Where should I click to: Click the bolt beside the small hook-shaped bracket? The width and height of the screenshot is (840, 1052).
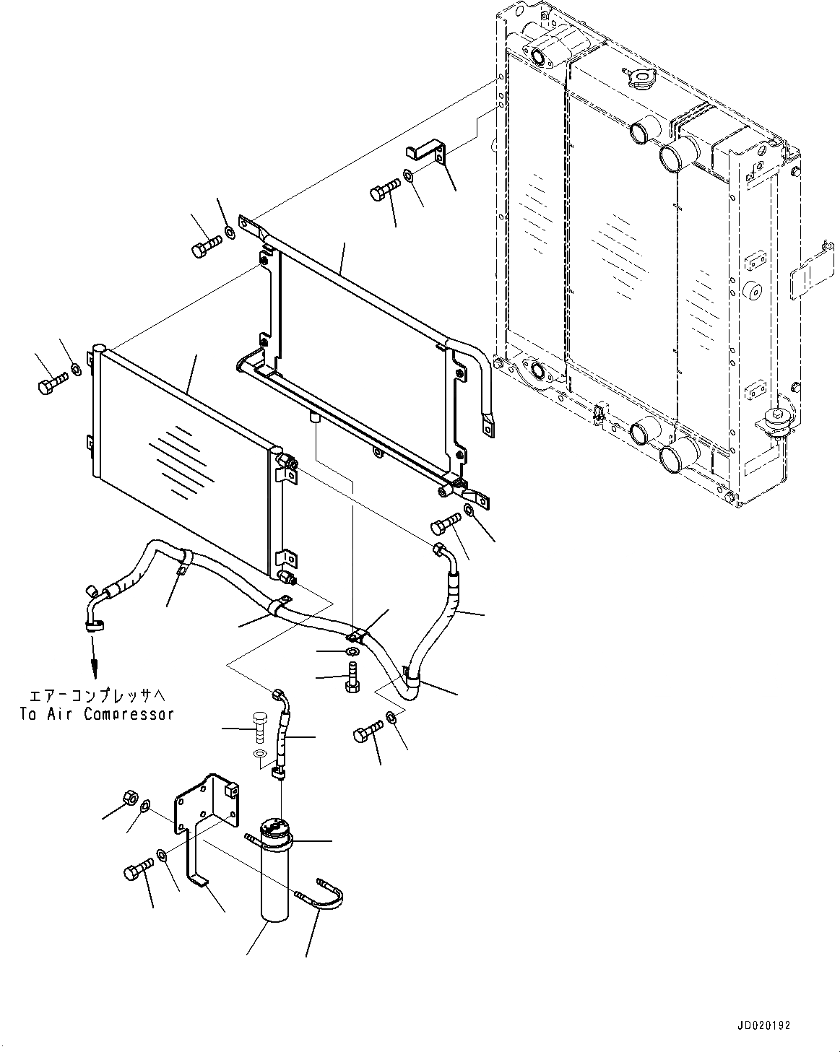[384, 190]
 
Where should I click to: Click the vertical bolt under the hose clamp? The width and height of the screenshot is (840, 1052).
[351, 681]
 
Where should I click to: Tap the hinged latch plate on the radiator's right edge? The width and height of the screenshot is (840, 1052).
[813, 277]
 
